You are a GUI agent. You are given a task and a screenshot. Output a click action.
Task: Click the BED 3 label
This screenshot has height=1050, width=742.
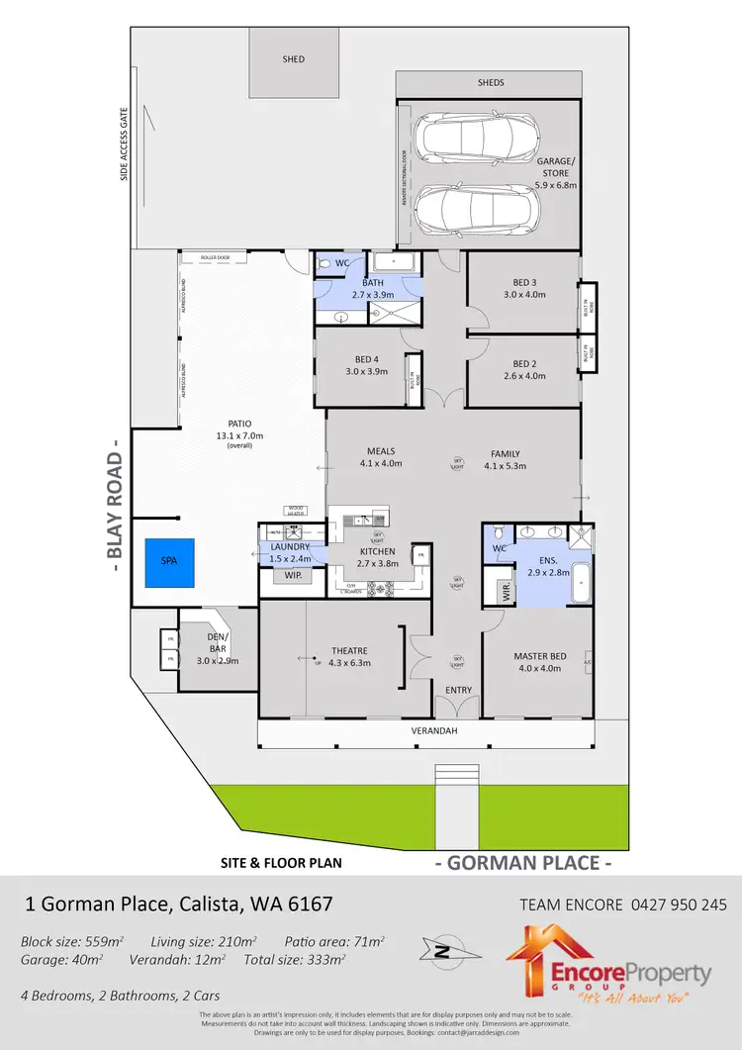[x=524, y=287]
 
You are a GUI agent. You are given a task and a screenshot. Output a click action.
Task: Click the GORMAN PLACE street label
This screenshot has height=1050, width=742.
[x=523, y=863]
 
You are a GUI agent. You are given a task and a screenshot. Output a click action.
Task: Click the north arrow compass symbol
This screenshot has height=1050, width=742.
[x=443, y=953]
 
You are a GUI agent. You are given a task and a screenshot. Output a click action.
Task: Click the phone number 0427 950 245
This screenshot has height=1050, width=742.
[x=678, y=904]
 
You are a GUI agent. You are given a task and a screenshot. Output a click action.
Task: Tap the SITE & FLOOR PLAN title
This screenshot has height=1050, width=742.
[x=281, y=863]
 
